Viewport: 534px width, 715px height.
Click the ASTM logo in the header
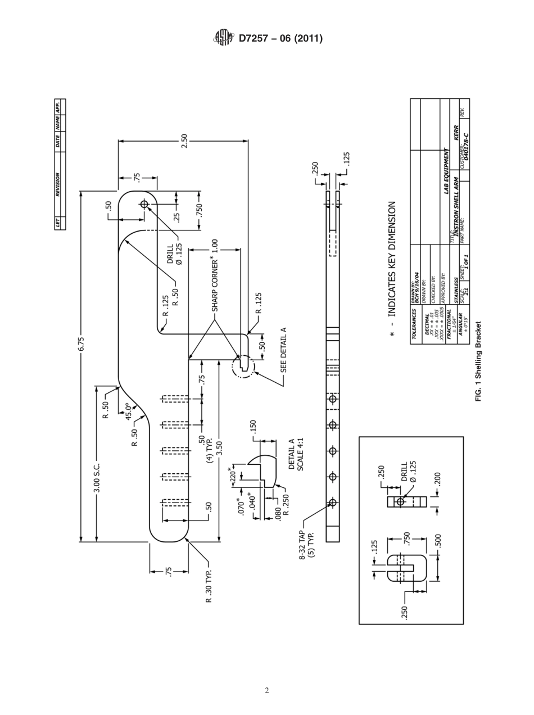point(222,38)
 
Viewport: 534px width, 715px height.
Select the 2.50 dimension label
point(184,141)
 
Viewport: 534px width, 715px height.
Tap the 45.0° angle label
point(129,411)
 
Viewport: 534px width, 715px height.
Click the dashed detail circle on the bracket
point(243,366)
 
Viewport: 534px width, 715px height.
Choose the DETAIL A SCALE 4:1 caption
point(296,455)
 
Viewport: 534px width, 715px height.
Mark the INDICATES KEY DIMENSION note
point(392,270)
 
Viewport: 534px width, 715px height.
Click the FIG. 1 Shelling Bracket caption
point(479,361)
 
